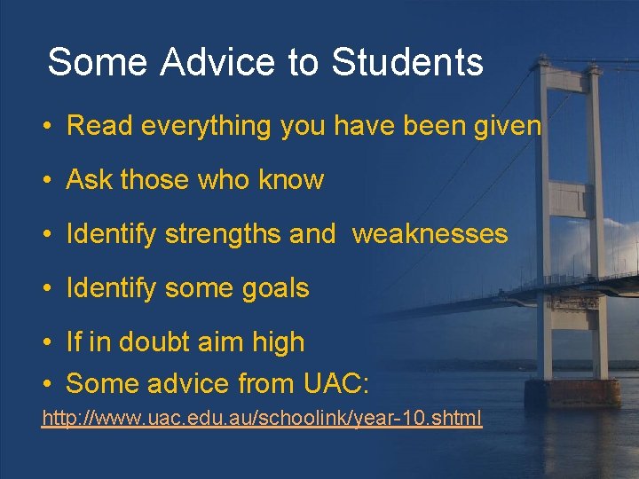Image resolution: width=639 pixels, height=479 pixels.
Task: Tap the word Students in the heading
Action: coord(407,63)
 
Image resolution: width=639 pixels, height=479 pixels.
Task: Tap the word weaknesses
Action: coord(430,234)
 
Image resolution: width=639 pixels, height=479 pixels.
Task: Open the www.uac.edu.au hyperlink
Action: coord(262,417)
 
